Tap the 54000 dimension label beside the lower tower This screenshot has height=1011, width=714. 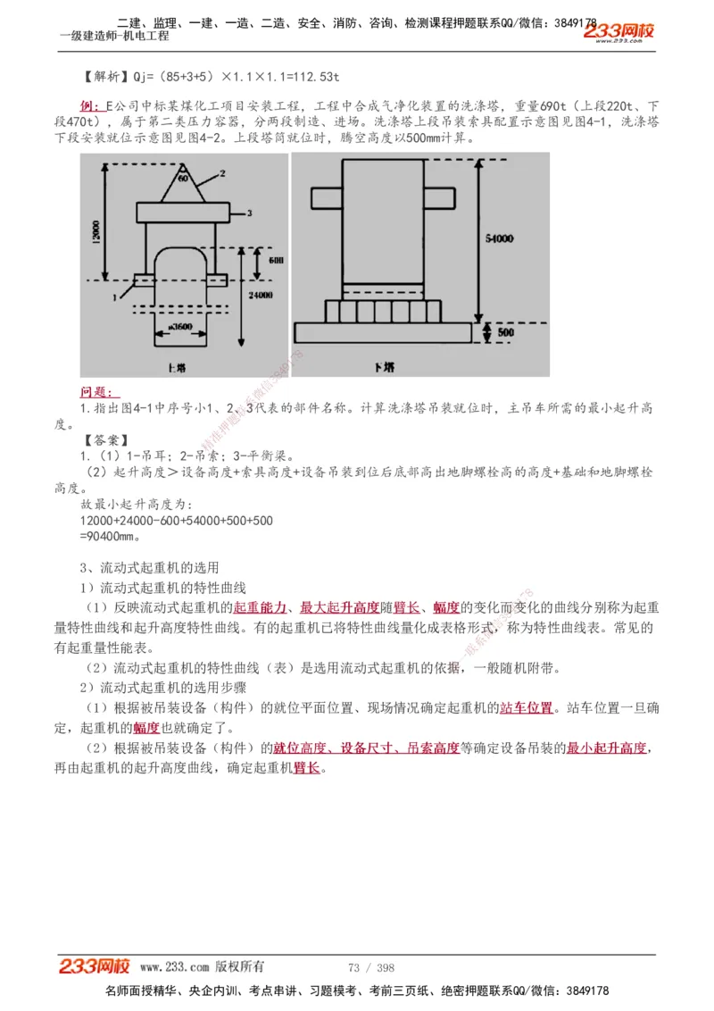tap(499, 238)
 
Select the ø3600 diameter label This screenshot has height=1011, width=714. tap(179, 328)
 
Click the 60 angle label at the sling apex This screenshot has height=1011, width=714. tap(182, 179)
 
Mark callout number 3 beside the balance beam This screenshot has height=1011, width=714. tap(250, 213)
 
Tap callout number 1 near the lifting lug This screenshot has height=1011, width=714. tap(115, 292)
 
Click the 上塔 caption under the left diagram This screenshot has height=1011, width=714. tap(176, 367)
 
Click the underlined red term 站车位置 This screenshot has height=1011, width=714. tap(526, 708)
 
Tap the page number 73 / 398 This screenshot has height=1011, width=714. tap(371, 967)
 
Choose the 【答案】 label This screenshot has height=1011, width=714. tap(105, 439)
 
